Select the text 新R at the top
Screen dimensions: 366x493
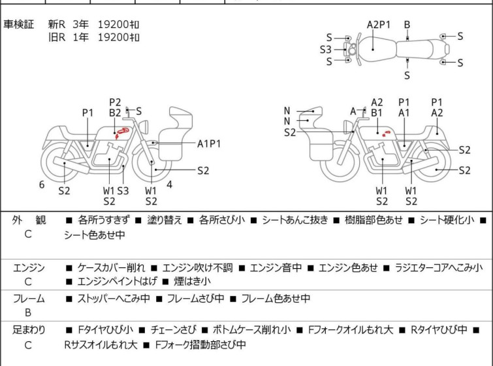tap(57, 24)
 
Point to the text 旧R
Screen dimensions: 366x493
tap(57, 37)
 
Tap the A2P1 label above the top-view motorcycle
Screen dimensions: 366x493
tap(378, 25)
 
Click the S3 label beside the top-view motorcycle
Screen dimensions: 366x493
tap(325, 49)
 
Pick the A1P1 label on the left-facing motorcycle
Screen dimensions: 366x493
tap(209, 143)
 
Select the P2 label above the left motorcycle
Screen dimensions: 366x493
tap(115, 102)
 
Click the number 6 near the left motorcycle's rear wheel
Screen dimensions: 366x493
tap(42, 185)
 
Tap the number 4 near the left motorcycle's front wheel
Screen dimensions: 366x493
tap(169, 184)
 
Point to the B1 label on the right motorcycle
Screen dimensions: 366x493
tap(377, 112)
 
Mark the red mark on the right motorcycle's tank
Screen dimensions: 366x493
tap(385, 134)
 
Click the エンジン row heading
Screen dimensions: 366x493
tap(29, 267)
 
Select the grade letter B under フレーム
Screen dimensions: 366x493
tap(28, 312)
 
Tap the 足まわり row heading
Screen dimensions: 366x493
tap(29, 330)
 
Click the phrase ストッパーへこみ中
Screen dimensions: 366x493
tap(114, 299)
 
